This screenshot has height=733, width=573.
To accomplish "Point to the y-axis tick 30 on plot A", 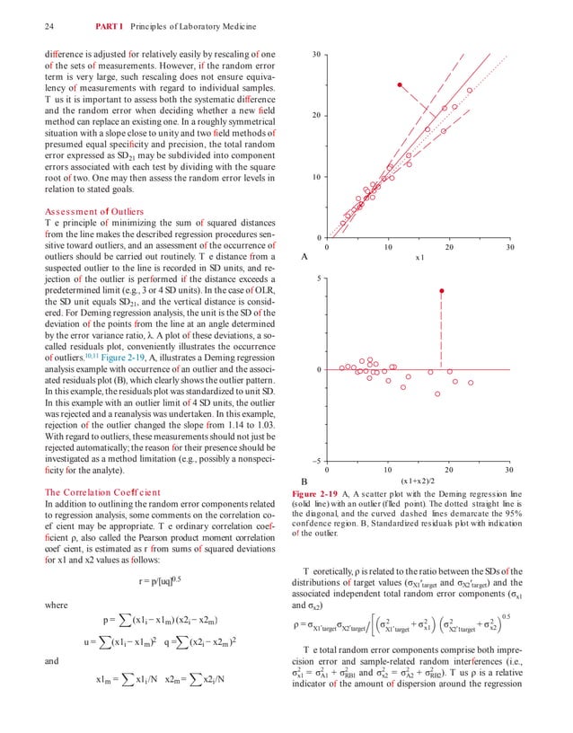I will pyautogui.click(x=316, y=56).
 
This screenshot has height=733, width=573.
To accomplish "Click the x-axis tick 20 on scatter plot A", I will pyautogui.click(x=448, y=247).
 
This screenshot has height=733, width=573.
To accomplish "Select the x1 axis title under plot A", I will pyautogui.click(x=419, y=258).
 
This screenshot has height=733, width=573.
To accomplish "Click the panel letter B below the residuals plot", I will pyautogui.click(x=304, y=481).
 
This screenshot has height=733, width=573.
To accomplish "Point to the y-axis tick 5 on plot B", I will pyautogui.click(x=319, y=279).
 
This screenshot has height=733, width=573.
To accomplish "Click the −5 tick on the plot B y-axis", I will pyautogui.click(x=316, y=461).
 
